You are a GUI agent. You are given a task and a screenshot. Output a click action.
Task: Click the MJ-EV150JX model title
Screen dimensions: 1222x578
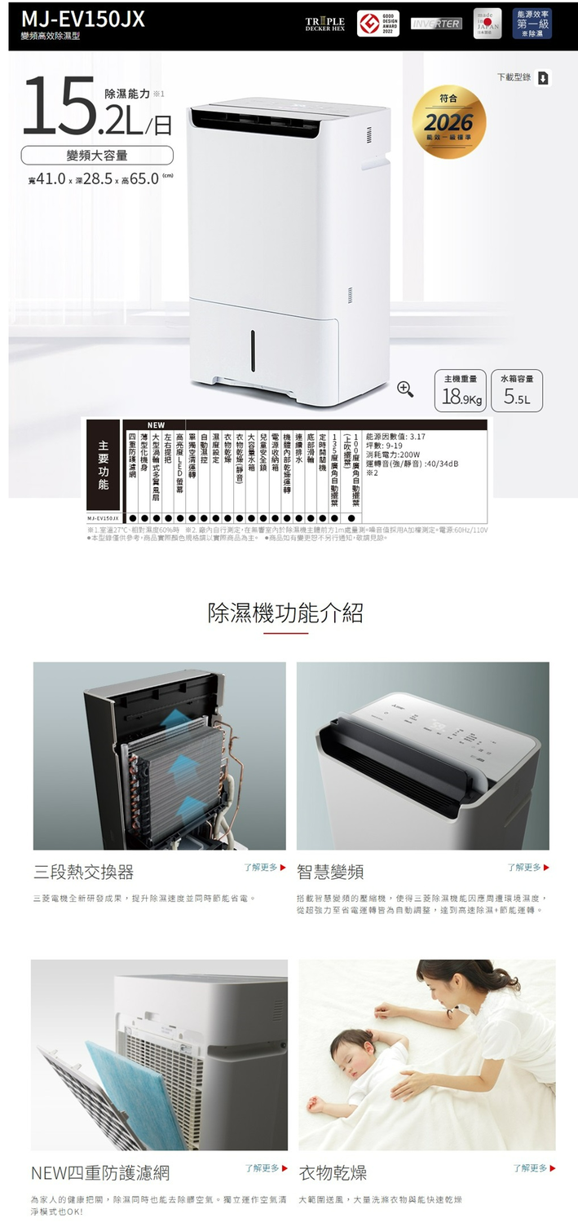[83, 19]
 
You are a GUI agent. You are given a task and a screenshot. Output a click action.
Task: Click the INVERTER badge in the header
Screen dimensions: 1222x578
[436, 24]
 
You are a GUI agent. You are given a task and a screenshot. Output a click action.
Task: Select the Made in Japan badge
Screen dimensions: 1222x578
[488, 23]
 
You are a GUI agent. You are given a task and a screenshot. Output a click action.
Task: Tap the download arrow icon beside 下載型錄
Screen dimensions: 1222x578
[544, 78]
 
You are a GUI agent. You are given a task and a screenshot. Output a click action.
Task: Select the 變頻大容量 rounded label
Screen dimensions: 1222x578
[97, 155]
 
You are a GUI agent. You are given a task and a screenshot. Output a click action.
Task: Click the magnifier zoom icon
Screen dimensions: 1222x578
[405, 389]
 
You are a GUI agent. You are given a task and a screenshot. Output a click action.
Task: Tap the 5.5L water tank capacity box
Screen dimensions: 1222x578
[518, 392]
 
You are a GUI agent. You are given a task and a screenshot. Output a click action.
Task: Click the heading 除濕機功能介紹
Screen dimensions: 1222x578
[285, 613]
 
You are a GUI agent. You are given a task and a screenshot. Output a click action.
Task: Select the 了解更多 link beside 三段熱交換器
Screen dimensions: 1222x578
[265, 868]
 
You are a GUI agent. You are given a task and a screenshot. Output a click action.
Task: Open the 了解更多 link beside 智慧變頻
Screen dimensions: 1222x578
[527, 868]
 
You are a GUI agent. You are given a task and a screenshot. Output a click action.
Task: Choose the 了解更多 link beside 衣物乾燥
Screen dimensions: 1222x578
[534, 1168]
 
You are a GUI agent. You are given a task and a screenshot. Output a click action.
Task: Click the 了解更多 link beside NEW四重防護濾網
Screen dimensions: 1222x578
[267, 1168]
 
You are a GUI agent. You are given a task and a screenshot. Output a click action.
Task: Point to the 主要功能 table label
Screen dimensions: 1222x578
[103, 467]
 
